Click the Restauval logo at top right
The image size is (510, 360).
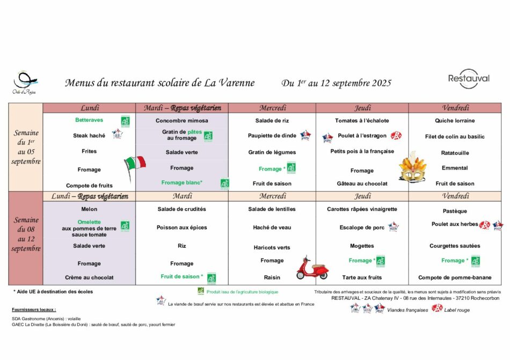click(469, 79)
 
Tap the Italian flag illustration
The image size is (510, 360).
click(135, 161)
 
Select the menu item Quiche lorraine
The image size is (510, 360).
click(455, 121)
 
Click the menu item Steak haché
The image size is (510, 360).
click(89, 136)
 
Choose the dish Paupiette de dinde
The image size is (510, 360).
click(272, 136)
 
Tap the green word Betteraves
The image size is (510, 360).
click(89, 120)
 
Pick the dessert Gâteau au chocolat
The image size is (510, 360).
click(362, 183)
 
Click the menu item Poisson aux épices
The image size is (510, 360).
click(181, 227)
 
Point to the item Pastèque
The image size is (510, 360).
click(455, 211)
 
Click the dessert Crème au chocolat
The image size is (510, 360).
click(89, 277)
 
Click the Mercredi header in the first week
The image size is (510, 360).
click(272, 108)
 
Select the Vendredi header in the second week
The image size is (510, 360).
click(455, 196)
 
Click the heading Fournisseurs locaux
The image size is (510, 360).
click(34, 310)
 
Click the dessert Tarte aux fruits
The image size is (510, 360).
click(362, 277)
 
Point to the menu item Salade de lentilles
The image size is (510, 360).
click(272, 209)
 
